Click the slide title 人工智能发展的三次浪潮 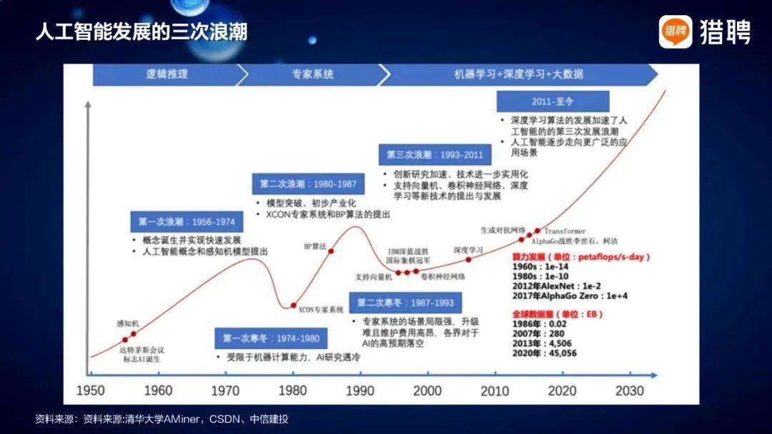click(x=141, y=32)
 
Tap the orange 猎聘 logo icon click(x=675, y=31)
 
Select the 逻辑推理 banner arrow click(x=166, y=74)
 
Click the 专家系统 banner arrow click(x=312, y=74)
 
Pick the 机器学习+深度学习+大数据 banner click(x=518, y=74)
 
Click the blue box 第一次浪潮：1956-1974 click(x=182, y=222)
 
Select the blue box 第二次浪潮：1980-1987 click(x=308, y=184)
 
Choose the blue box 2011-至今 click(x=553, y=101)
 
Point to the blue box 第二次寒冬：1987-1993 click(x=405, y=303)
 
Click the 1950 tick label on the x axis click(x=91, y=390)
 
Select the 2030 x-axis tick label click(x=630, y=390)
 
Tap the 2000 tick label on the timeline click(x=427, y=390)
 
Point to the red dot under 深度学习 click(x=469, y=260)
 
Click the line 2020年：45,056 click(x=544, y=353)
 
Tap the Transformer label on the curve click(x=565, y=231)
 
